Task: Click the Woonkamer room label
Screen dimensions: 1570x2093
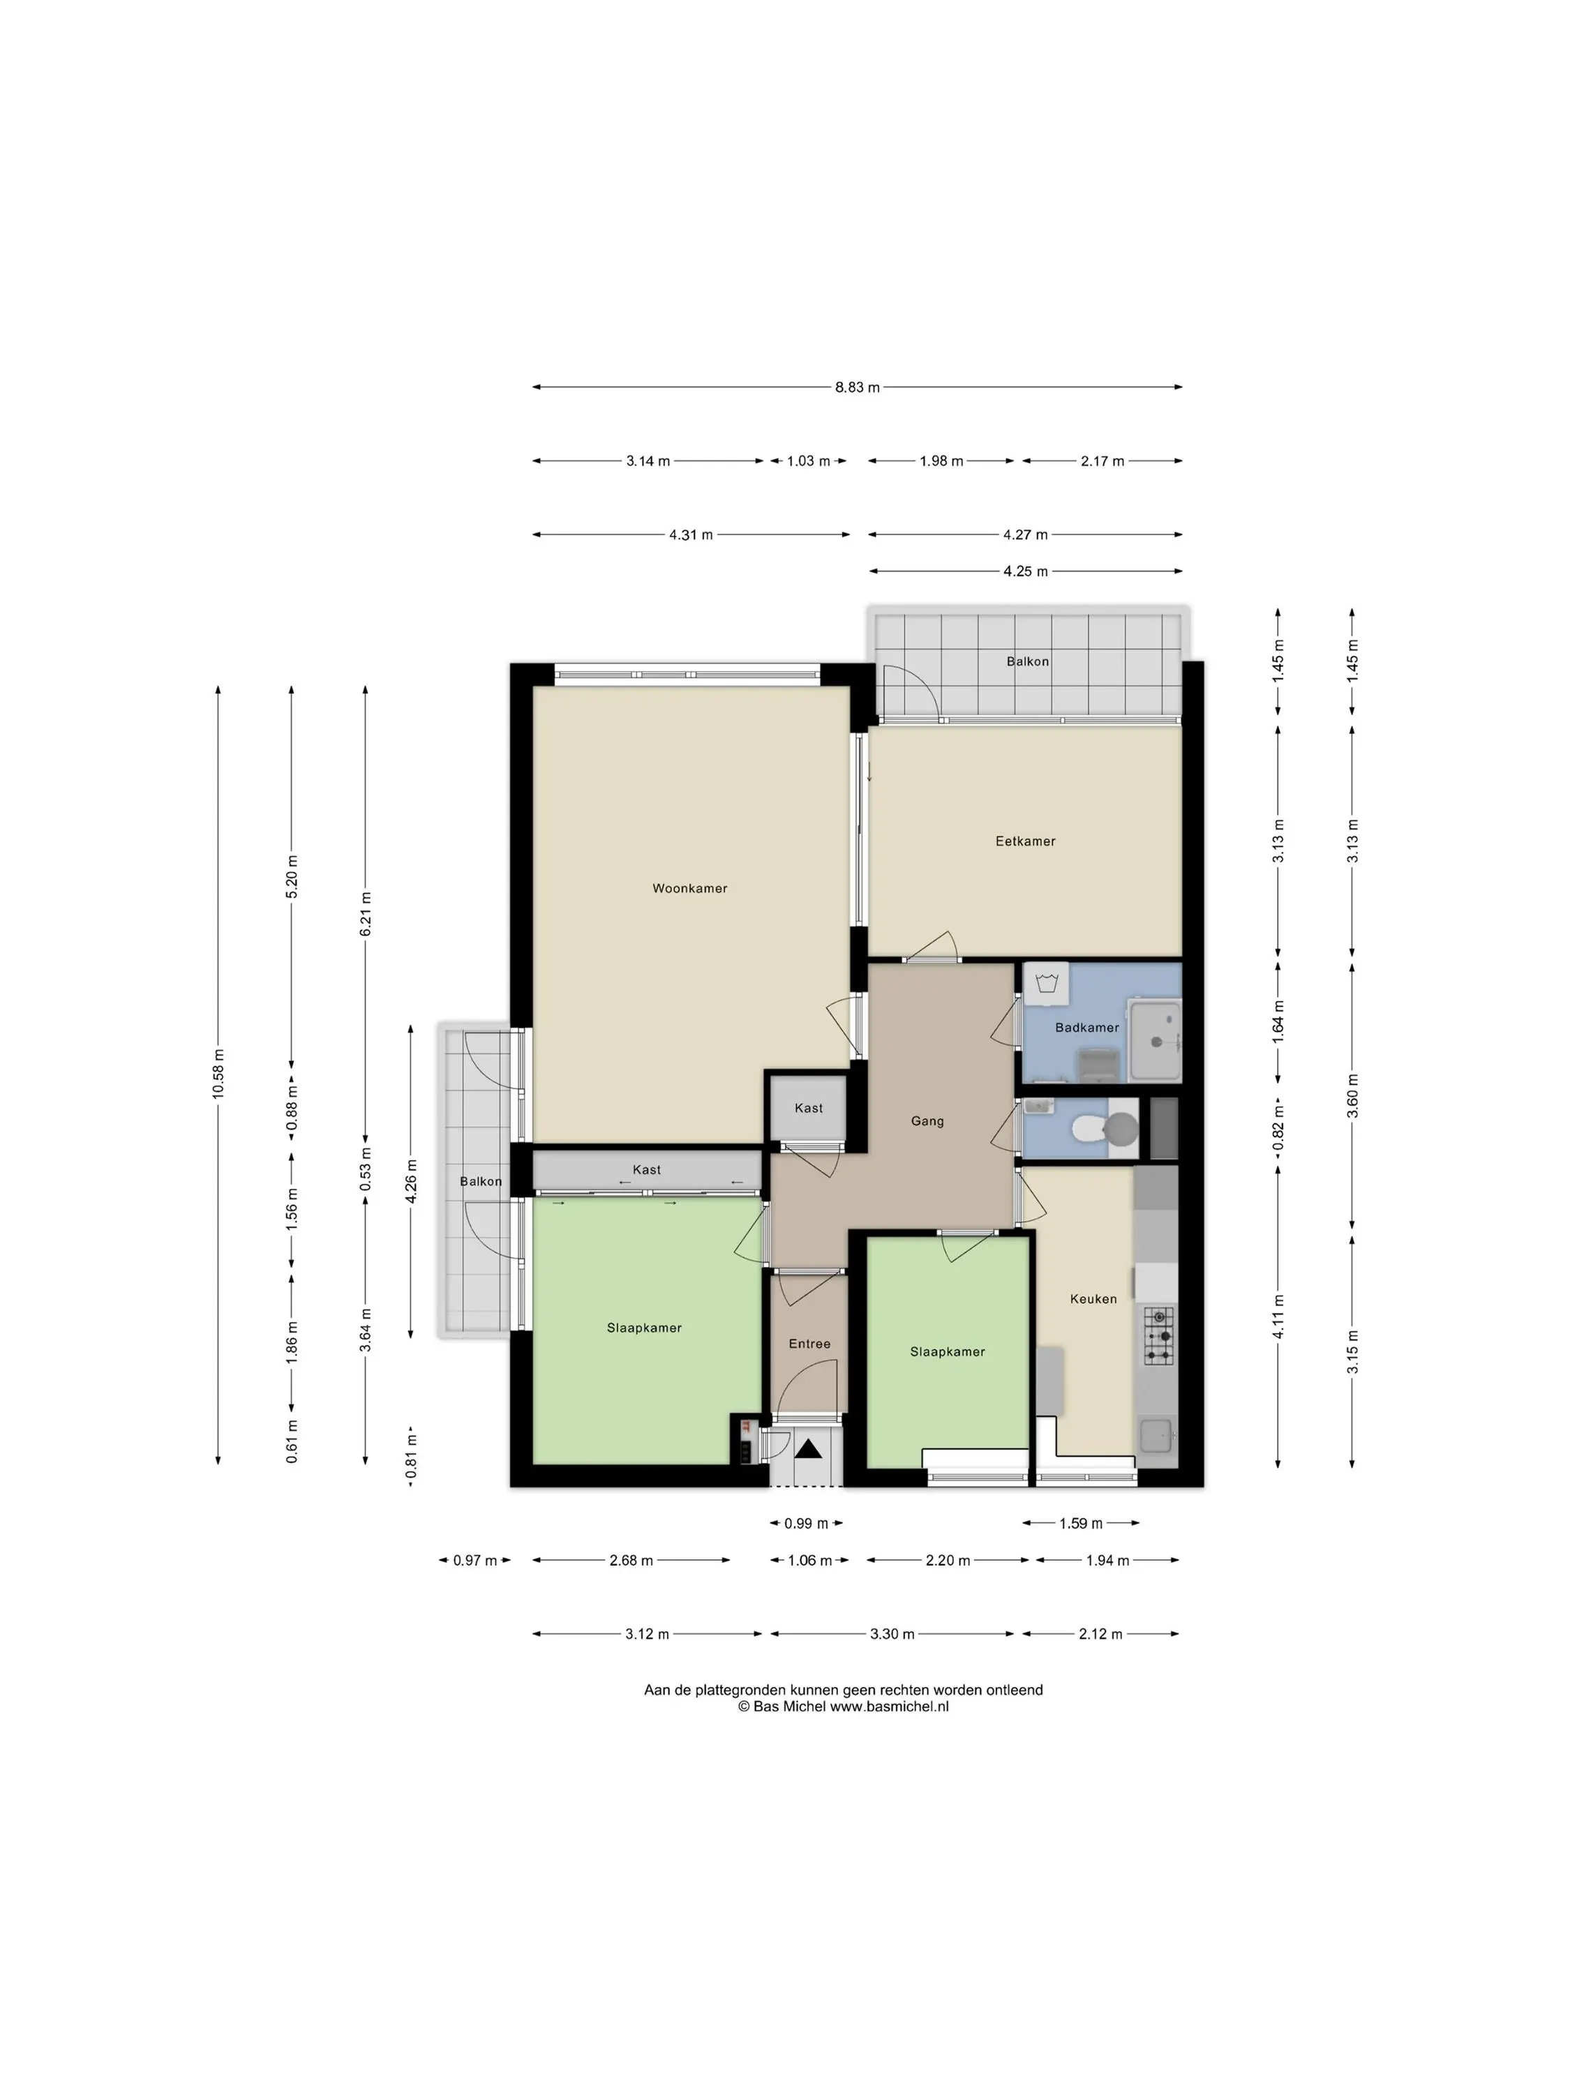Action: click(x=690, y=889)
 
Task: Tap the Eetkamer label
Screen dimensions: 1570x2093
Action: click(x=1025, y=841)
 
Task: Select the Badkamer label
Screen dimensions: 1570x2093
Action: click(x=1086, y=1028)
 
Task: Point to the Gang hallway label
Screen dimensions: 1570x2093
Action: click(x=927, y=1121)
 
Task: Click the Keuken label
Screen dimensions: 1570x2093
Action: click(x=1093, y=1299)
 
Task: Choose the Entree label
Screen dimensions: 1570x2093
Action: click(x=809, y=1344)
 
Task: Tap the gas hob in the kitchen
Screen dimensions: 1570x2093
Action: click(x=1158, y=1336)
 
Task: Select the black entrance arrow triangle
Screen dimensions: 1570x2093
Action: click(x=808, y=1448)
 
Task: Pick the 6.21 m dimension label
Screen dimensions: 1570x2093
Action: click(x=366, y=914)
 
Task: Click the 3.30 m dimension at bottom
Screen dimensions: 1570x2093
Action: click(x=892, y=1634)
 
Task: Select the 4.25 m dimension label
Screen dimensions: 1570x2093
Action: click(x=1026, y=571)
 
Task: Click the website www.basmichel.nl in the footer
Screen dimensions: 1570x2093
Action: click(x=889, y=1707)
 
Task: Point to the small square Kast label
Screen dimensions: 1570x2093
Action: click(x=808, y=1108)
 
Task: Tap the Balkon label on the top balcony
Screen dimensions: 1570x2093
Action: click(x=1028, y=661)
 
